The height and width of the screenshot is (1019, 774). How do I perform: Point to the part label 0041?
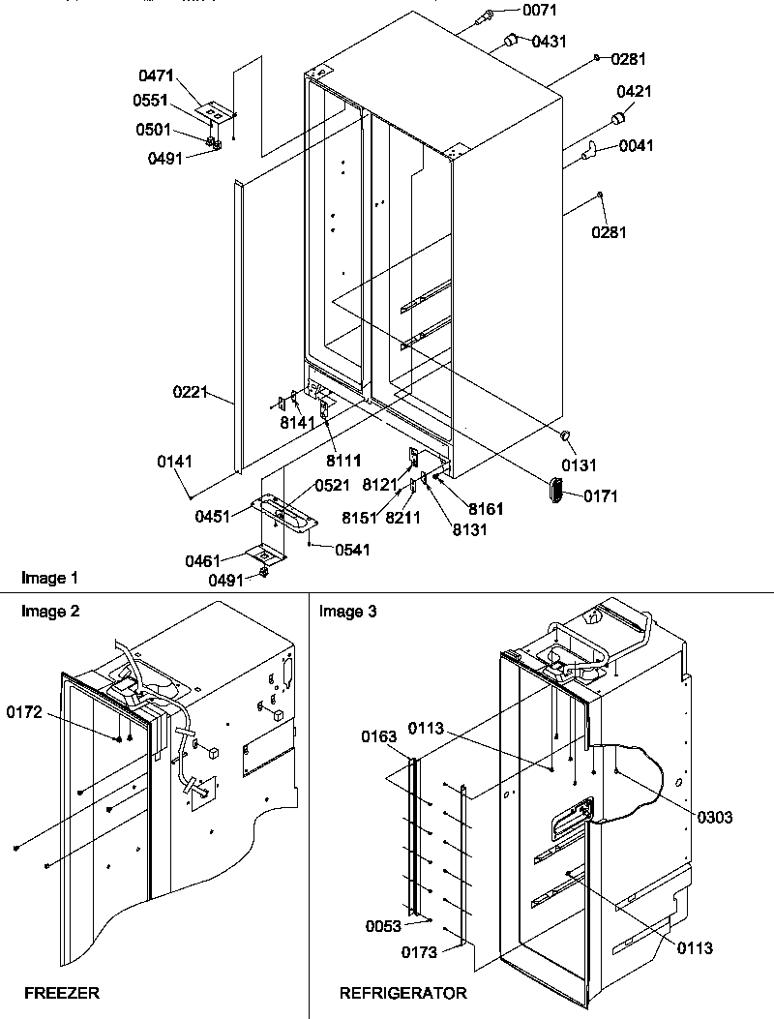coord(636,146)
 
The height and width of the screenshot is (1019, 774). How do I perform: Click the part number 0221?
coord(191,393)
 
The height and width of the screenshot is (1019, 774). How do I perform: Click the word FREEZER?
coord(62,993)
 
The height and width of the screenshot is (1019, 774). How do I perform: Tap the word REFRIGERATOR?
coord(402,993)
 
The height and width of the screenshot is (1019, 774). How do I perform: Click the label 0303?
coord(714,817)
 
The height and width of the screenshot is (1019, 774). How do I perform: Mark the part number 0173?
coord(421,952)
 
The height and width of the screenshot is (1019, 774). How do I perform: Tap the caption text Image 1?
coord(49,579)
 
